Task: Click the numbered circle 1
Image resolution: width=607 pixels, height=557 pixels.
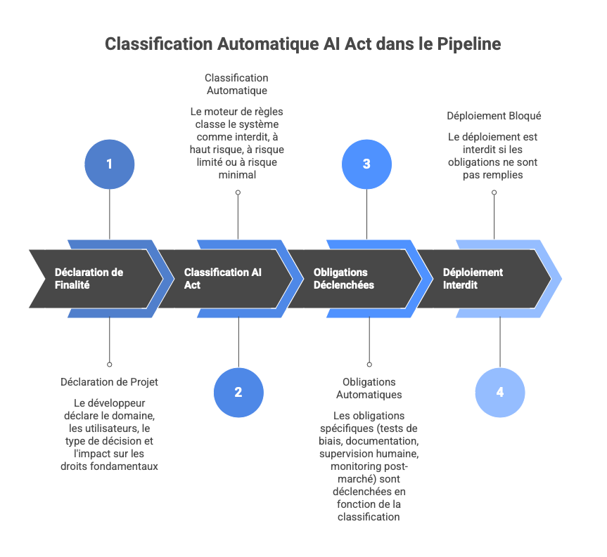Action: [x=109, y=164]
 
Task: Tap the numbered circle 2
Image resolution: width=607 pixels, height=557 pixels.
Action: [x=238, y=393]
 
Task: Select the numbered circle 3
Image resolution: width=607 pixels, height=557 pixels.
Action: [x=366, y=164]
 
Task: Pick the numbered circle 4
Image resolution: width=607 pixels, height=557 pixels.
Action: [x=499, y=393]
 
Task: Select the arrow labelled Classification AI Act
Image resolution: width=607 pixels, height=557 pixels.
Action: [x=225, y=278]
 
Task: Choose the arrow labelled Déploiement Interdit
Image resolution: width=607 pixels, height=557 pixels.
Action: [x=485, y=278]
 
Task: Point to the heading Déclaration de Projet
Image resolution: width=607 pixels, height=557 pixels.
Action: [x=109, y=382]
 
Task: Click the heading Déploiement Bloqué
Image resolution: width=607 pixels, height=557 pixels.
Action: [x=494, y=115]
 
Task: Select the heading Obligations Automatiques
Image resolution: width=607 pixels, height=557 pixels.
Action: [x=369, y=388]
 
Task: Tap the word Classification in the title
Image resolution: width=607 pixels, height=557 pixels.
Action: [x=158, y=44]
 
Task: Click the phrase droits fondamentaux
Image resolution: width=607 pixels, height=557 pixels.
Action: [x=109, y=466]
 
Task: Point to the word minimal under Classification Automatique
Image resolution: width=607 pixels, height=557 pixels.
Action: [x=237, y=175]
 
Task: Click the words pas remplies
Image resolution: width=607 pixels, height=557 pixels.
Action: [x=494, y=175]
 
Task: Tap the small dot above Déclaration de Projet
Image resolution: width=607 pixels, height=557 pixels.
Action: [x=109, y=365]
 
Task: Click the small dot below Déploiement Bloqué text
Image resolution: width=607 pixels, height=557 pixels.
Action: [x=494, y=192]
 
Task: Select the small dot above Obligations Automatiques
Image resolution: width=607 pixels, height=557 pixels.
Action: [x=369, y=365]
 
